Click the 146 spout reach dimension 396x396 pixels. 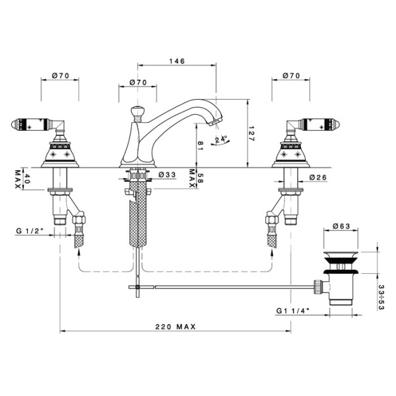point(177,61)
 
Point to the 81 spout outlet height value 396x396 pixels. point(200,146)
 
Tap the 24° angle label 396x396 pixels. point(221,139)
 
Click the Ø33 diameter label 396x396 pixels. point(167,174)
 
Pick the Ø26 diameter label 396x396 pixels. point(318,178)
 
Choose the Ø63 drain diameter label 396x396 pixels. point(341,226)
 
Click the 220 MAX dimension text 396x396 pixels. point(176,327)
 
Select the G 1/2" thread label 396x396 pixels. point(30,231)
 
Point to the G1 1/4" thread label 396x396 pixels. point(293,311)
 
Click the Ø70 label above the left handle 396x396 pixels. point(60,75)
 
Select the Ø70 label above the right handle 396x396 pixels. point(292,75)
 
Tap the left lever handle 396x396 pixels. point(38,124)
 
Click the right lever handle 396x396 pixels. point(313,124)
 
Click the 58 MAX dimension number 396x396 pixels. point(200,178)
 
